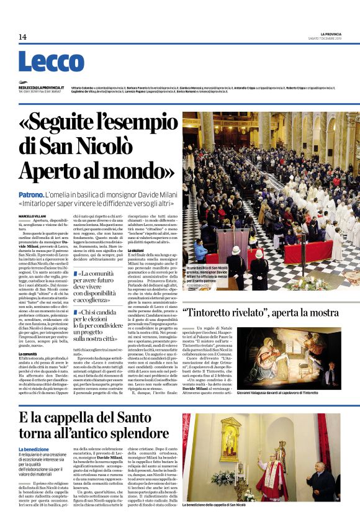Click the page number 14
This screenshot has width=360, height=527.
23,37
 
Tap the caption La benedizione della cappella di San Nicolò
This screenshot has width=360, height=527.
213,505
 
